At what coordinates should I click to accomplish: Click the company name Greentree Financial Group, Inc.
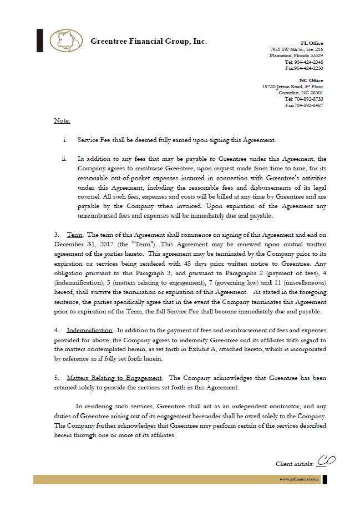(148, 42)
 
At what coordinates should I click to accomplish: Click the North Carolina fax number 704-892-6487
(308, 105)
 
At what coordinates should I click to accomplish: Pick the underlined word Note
(62, 120)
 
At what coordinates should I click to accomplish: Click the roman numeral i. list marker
(65, 140)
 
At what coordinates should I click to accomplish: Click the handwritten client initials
(326, 461)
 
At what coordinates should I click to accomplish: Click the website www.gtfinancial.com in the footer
(299, 479)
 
